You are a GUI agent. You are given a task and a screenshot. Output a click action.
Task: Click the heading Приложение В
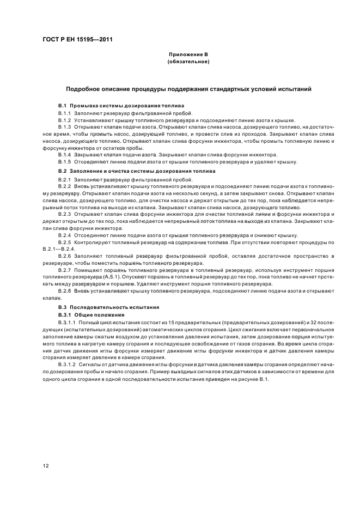(188, 56)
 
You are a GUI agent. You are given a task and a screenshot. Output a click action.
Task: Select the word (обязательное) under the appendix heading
(188, 62)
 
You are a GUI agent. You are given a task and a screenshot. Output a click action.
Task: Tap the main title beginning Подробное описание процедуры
(188, 89)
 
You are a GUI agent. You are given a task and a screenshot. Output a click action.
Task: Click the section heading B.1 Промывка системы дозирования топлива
(121, 105)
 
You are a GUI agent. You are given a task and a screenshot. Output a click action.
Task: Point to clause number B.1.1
(65, 112)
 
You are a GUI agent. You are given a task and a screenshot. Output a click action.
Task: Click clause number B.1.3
(65, 126)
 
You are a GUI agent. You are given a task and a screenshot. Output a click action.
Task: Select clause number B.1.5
(65, 162)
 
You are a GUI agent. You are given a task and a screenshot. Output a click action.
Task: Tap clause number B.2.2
(65, 187)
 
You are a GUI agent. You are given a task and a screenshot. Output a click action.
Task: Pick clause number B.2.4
(65, 235)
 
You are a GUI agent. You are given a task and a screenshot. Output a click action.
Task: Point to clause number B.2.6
(65, 256)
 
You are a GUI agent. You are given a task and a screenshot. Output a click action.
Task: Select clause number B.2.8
(65, 291)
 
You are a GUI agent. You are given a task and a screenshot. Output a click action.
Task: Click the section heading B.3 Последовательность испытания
(108, 307)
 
